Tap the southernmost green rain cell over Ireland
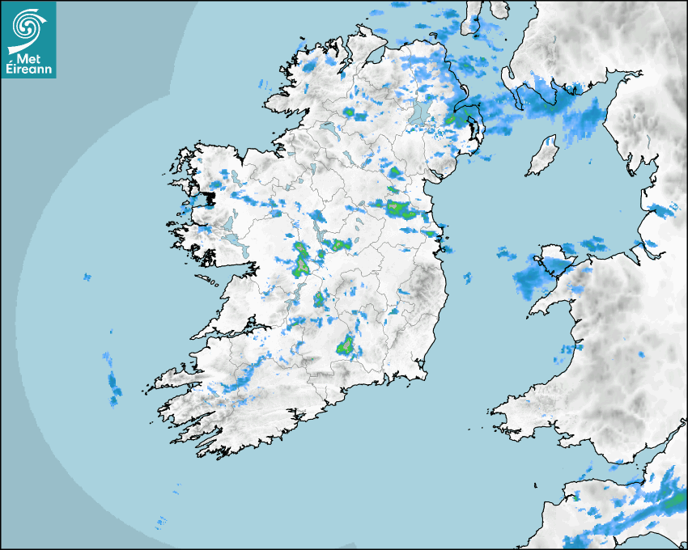[x=346, y=346]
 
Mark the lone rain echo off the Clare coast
[x=87, y=278]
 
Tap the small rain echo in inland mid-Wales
[x=642, y=354]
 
